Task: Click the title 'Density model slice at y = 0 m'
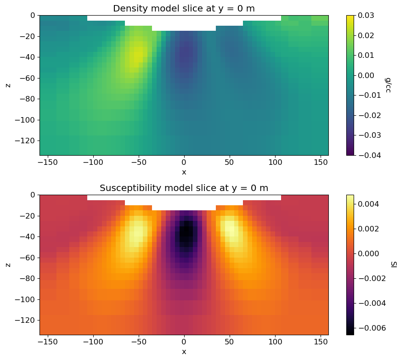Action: [x=184, y=8]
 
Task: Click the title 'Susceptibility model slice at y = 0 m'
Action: [x=184, y=188]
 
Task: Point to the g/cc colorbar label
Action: [x=389, y=85]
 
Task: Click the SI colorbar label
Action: [x=394, y=264]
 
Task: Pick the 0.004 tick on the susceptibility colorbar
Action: [x=369, y=204]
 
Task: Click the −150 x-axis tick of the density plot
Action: [x=48, y=163]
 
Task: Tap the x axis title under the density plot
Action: [x=184, y=172]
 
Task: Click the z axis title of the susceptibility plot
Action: [x=8, y=264]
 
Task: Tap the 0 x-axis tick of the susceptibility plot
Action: [x=184, y=343]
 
